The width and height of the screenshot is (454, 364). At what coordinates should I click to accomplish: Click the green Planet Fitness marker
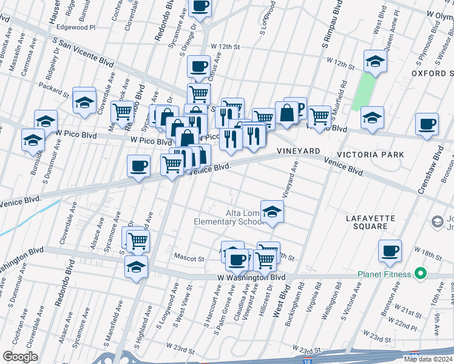click(418, 274)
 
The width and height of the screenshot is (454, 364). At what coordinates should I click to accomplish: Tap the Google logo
click(20, 357)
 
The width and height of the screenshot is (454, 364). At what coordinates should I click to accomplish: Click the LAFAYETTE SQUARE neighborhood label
click(370, 222)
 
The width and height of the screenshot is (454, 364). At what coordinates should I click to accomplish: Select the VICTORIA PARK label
click(371, 155)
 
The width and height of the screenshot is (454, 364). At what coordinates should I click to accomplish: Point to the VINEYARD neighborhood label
click(299, 150)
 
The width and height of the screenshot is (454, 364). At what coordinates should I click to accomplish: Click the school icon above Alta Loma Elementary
click(272, 212)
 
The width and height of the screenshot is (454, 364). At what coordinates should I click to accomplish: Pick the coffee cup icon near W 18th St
click(390, 251)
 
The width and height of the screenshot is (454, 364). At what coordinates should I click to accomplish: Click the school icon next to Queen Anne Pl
click(375, 62)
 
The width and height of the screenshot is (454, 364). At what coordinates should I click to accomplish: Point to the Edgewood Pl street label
click(76, 27)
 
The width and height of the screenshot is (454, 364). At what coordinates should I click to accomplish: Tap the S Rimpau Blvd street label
click(328, 25)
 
